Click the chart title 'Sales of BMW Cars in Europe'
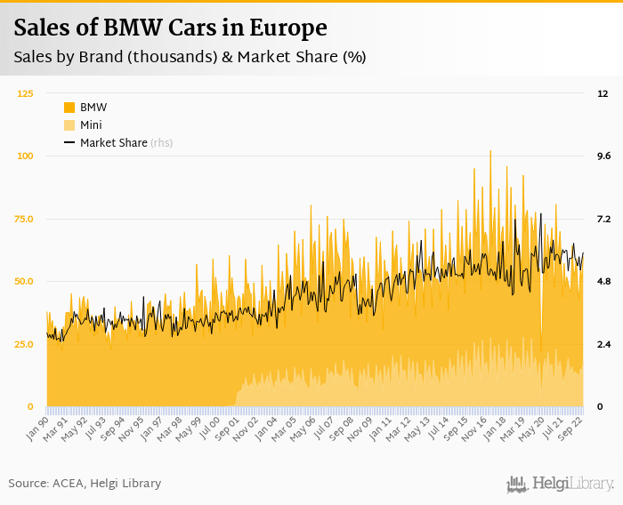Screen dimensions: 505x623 (x=170, y=28)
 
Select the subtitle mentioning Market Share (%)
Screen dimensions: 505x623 (x=190, y=57)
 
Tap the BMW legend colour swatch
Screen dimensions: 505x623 (x=69, y=108)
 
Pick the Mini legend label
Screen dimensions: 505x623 (x=91, y=125)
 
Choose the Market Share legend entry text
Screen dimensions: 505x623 (x=113, y=142)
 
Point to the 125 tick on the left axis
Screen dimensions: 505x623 (x=26, y=93)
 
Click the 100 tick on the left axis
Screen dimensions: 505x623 (x=26, y=156)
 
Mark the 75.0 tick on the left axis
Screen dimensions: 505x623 (x=25, y=219)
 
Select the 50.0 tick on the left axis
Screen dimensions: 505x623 (x=25, y=282)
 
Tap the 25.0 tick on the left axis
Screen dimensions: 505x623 (x=25, y=344)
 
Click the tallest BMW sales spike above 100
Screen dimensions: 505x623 (x=490, y=153)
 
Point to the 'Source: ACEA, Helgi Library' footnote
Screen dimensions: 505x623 (x=85, y=483)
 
